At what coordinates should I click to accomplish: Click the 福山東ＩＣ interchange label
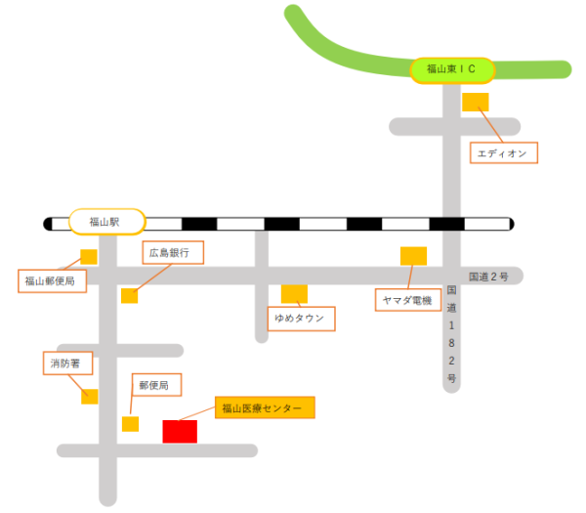click(x=450, y=69)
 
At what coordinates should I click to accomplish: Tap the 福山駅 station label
click(x=106, y=223)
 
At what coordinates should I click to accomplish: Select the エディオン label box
click(x=503, y=153)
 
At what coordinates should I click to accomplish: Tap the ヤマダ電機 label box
click(x=407, y=299)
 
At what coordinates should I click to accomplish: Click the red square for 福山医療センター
click(x=180, y=431)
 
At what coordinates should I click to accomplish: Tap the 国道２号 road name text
click(x=488, y=277)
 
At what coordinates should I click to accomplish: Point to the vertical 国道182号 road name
click(x=451, y=333)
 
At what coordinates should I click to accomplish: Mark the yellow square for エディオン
click(x=476, y=102)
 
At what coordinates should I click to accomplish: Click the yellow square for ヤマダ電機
click(x=413, y=256)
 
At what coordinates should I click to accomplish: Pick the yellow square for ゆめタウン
click(x=294, y=293)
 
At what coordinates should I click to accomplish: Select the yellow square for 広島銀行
click(x=129, y=296)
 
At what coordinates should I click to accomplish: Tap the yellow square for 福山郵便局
click(x=89, y=257)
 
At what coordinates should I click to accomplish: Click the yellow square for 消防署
click(x=90, y=396)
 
